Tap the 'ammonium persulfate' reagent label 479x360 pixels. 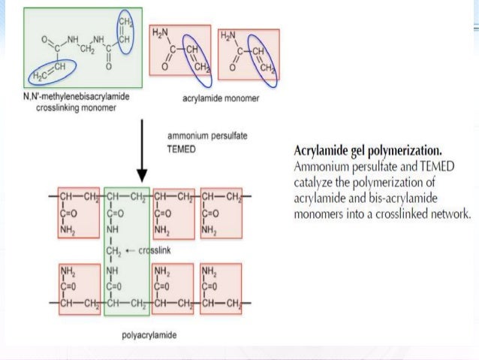tap(207, 137)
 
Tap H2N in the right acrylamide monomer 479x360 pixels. tap(227, 35)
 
